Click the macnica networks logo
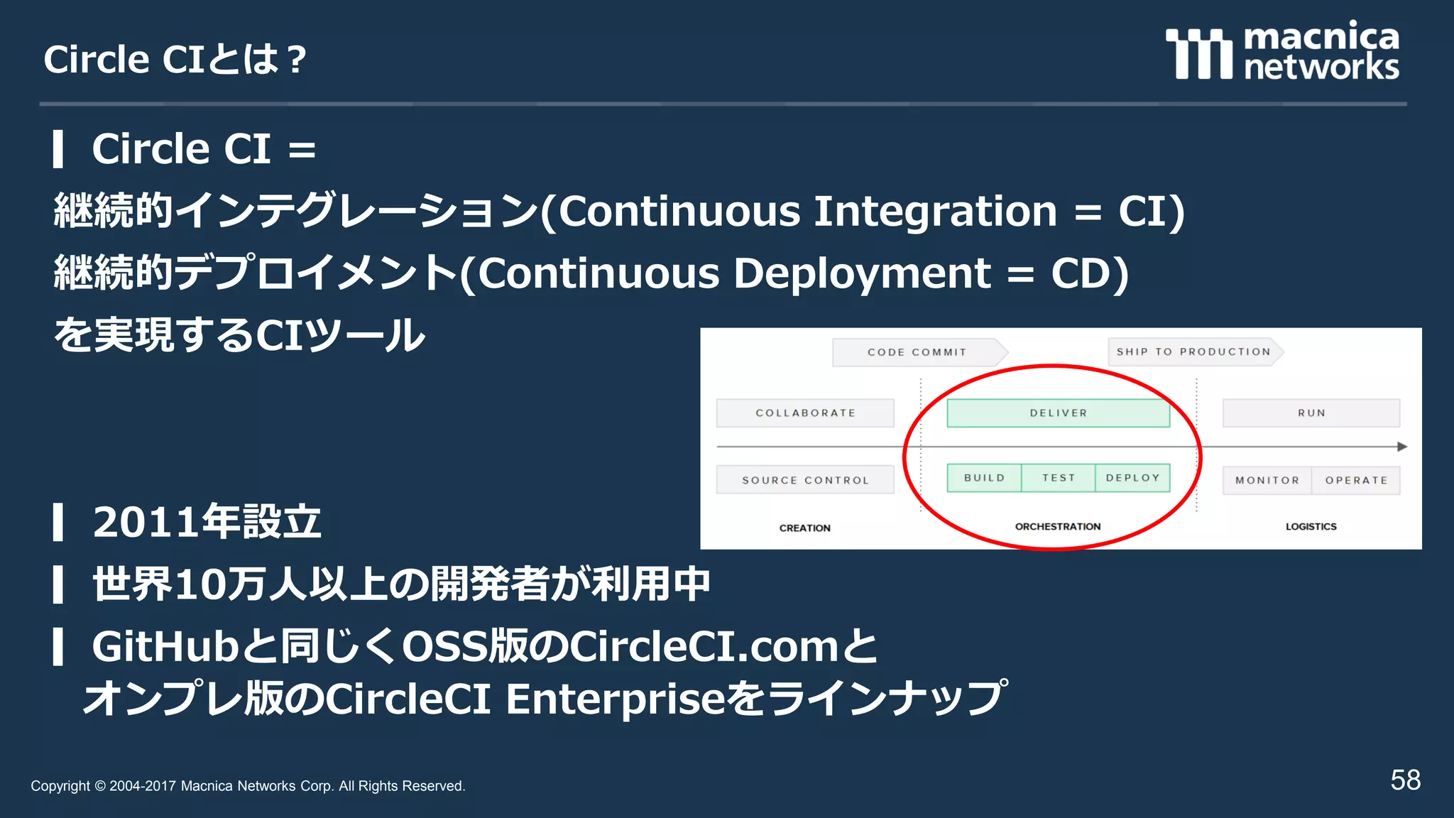point(1282,51)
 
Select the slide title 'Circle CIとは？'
point(175,59)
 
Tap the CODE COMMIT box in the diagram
point(917,352)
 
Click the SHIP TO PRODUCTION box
point(1193,351)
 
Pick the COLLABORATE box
point(805,413)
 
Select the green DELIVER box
point(1058,413)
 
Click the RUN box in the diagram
point(1311,413)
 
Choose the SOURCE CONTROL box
point(805,480)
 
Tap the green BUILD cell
point(984,478)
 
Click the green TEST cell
point(1058,478)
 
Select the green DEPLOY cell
point(1132,478)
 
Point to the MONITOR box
point(1267,480)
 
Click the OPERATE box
point(1356,480)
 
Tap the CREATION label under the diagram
point(804,528)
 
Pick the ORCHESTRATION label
point(1057,526)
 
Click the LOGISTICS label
point(1311,526)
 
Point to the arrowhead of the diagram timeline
point(1402,447)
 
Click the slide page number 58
point(1405,780)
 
